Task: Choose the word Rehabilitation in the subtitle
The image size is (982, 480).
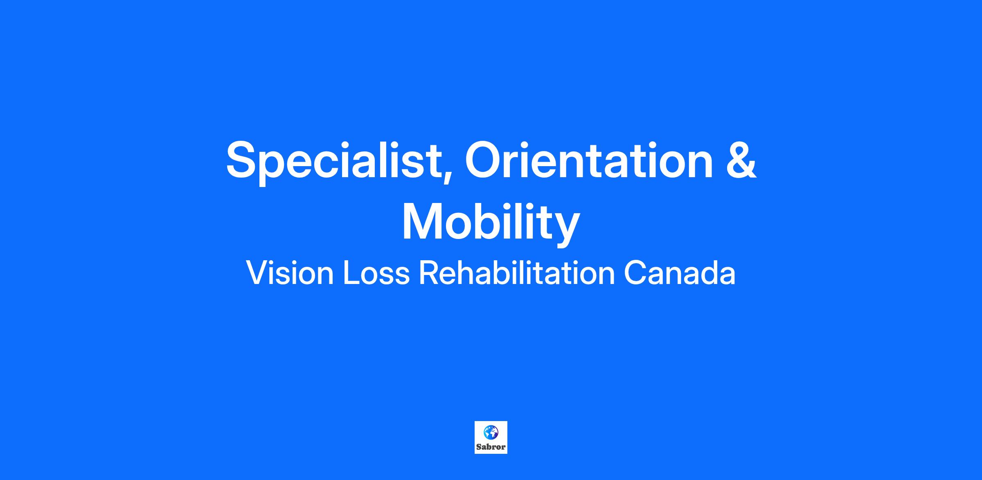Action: pos(517,273)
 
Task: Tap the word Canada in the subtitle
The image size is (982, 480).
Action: pos(680,273)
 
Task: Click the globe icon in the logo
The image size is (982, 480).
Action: pos(491,432)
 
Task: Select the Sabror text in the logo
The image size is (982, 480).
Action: pos(491,447)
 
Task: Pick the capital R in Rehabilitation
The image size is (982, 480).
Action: pos(429,273)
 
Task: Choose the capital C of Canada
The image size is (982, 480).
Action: pos(634,273)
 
